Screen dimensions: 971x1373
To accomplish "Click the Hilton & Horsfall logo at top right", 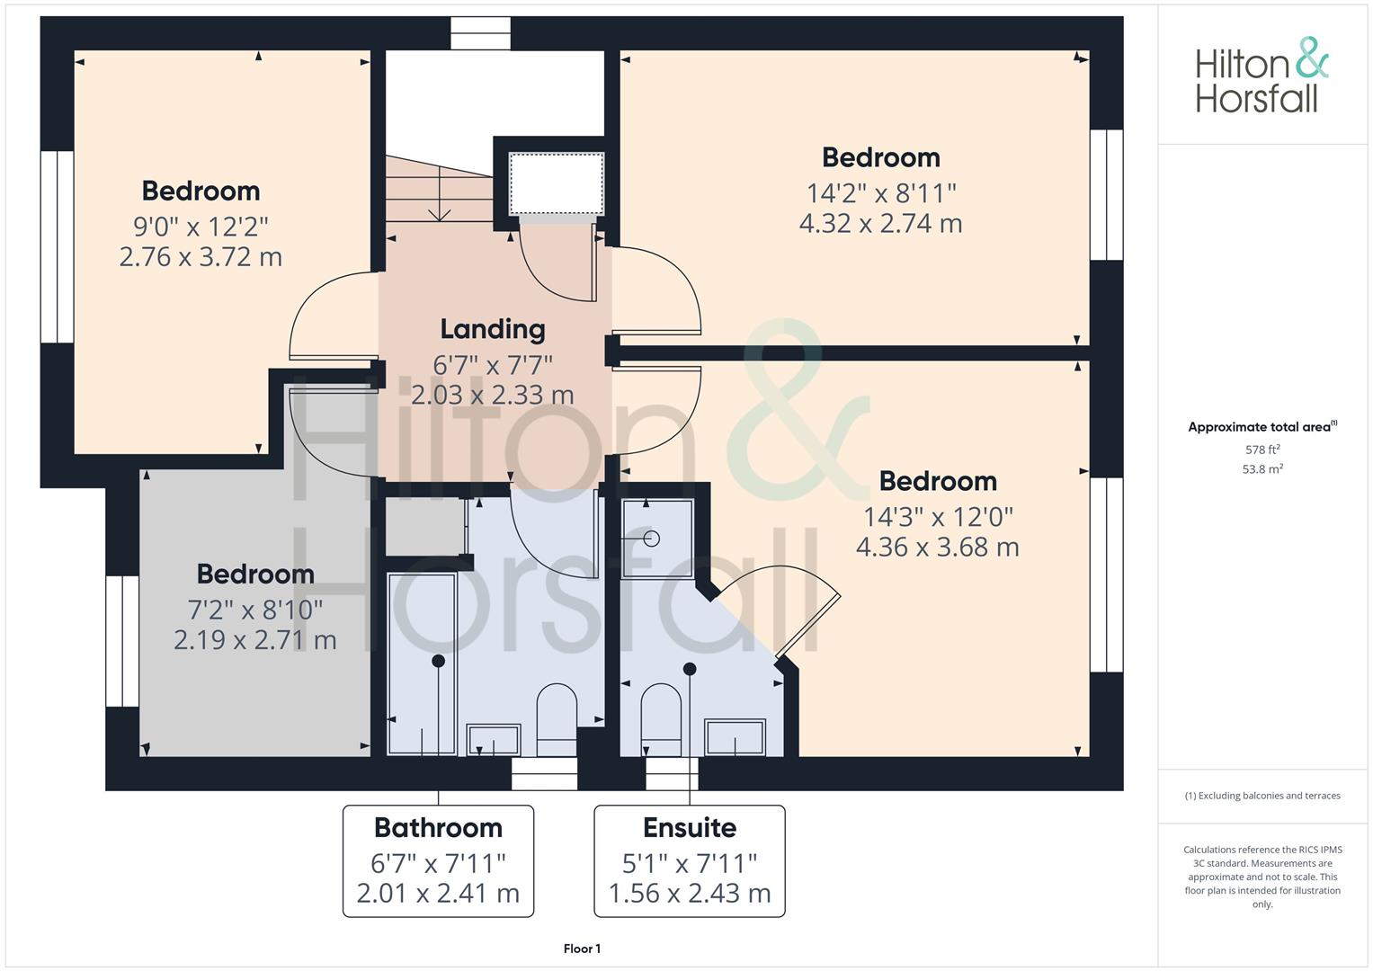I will click(1261, 76).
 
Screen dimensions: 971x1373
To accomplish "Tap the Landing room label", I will click(493, 329).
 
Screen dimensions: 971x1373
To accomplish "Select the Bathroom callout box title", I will click(438, 827).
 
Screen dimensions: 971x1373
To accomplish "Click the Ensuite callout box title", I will click(690, 827).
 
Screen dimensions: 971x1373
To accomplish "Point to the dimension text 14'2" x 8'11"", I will click(880, 193).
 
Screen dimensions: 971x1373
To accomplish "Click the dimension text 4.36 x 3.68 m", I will click(937, 547).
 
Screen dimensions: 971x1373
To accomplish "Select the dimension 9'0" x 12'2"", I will click(201, 226).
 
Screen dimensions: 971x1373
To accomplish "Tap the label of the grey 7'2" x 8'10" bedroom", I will click(255, 574).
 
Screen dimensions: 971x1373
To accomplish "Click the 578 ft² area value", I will click(1262, 450).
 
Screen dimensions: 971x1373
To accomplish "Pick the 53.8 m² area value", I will click(1262, 468).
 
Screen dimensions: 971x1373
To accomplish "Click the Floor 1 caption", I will click(582, 949).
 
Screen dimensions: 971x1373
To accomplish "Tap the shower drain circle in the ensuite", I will click(652, 539).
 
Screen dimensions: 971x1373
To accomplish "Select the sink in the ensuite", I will click(735, 737).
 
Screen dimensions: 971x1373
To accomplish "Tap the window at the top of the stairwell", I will click(480, 33).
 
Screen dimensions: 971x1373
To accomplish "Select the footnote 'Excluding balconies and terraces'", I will click(1262, 796).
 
